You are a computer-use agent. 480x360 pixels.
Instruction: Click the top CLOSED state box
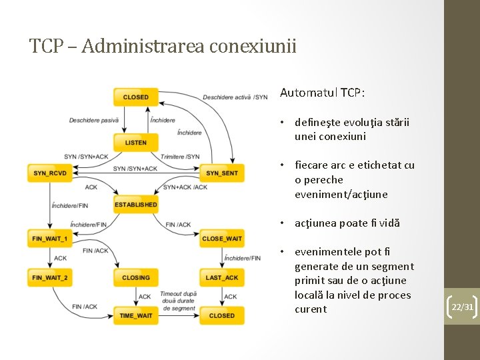click(x=135, y=97)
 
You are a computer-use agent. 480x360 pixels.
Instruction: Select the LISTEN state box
click(x=135, y=143)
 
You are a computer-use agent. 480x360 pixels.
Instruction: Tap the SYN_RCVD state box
click(x=50, y=173)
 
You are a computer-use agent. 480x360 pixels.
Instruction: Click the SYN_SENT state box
click(x=221, y=173)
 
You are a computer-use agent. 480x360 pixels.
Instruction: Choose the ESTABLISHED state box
click(x=135, y=205)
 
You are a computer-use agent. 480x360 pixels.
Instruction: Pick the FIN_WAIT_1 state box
click(x=50, y=238)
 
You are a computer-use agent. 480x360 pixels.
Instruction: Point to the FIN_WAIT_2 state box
click(x=50, y=277)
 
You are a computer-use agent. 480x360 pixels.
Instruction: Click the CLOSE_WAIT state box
click(x=221, y=238)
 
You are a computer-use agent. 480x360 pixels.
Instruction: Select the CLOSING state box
click(x=135, y=277)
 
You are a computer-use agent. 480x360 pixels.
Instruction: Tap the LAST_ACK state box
click(x=221, y=277)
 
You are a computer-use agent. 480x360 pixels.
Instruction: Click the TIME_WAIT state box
click(x=135, y=315)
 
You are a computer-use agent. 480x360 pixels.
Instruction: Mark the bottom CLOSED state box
click(x=221, y=315)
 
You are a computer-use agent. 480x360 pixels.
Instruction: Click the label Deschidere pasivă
click(x=94, y=121)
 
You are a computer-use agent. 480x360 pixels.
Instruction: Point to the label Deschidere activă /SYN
click(x=235, y=97)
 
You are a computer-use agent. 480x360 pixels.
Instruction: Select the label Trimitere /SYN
click(x=180, y=157)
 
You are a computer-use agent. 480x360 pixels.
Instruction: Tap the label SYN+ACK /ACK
click(x=185, y=187)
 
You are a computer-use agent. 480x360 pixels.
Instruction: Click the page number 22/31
click(x=463, y=307)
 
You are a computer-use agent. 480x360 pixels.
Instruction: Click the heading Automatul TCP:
click(x=322, y=93)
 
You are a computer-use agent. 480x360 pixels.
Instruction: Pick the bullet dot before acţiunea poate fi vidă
click(x=283, y=223)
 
